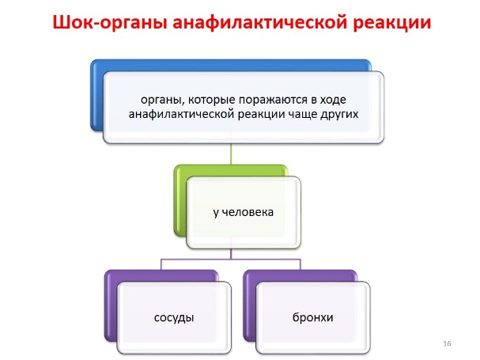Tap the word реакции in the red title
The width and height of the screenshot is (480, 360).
[392, 23]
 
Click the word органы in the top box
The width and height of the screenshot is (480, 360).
[162, 100]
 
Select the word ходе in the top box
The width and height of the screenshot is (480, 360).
[333, 100]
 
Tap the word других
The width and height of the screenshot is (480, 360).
[339, 115]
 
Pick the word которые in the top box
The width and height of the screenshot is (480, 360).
[211, 100]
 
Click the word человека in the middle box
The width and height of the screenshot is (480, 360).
[248, 212]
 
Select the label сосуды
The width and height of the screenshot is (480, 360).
[174, 318]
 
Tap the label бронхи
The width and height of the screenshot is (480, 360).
[312, 317]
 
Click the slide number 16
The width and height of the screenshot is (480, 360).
[447, 343]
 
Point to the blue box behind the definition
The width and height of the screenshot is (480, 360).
[96, 95]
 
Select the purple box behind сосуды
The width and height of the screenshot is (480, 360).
[111, 306]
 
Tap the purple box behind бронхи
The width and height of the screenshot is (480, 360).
[250, 306]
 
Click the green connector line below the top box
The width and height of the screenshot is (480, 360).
[231, 153]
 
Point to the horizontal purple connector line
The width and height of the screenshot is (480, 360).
[231, 260]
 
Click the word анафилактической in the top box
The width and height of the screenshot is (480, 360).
[182, 115]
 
